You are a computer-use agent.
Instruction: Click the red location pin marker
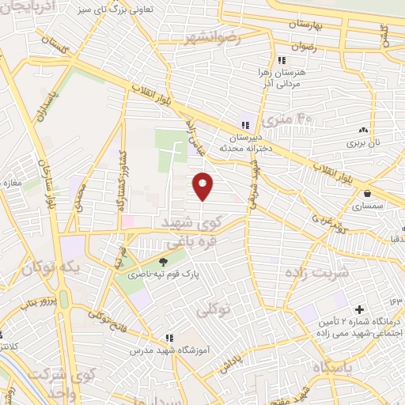203,185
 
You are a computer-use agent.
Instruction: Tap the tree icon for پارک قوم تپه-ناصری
163,263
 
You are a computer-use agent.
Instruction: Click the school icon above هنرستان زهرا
281,60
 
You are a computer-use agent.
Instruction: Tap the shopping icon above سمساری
367,194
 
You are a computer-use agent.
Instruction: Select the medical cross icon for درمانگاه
360,308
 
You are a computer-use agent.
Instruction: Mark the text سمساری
368,205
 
